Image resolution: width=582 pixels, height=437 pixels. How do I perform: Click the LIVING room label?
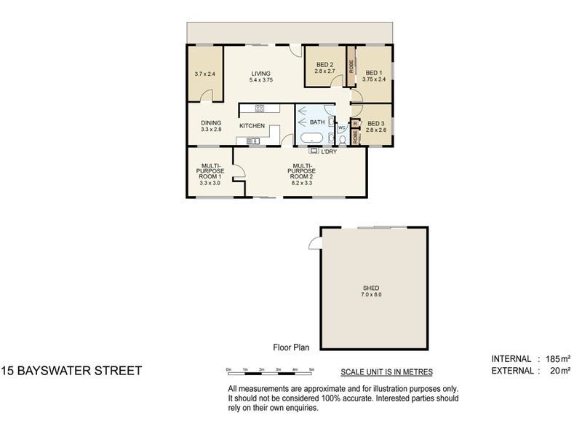click(260, 74)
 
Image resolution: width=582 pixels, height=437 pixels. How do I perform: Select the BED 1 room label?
click(373, 73)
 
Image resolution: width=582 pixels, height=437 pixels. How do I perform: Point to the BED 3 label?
click(376, 123)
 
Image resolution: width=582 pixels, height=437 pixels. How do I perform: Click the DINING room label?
click(211, 122)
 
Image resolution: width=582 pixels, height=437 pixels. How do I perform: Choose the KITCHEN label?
click(252, 126)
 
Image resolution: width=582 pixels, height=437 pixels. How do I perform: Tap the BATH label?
click(317, 122)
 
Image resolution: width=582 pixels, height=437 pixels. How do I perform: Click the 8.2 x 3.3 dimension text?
click(302, 184)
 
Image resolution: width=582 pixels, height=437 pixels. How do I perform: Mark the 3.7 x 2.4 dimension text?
click(205, 74)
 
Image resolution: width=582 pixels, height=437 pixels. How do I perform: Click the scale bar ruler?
click(270, 374)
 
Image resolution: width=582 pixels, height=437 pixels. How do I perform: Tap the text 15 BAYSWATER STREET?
click(71, 371)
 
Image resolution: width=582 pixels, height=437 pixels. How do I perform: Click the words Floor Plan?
click(291, 348)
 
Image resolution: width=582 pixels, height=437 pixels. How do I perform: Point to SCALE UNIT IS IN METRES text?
click(386, 371)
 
